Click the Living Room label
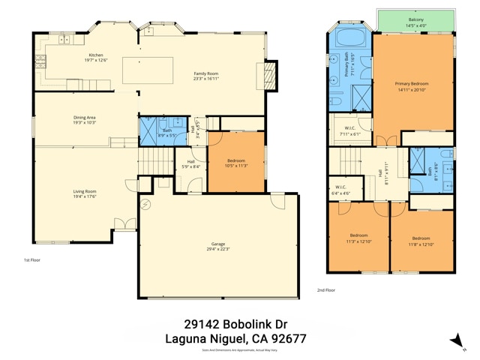[84, 193]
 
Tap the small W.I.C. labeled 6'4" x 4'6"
[340, 190]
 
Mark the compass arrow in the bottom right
[455, 340]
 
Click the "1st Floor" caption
[32, 260]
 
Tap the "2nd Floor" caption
[325, 289]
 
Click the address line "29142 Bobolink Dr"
[235, 324]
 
